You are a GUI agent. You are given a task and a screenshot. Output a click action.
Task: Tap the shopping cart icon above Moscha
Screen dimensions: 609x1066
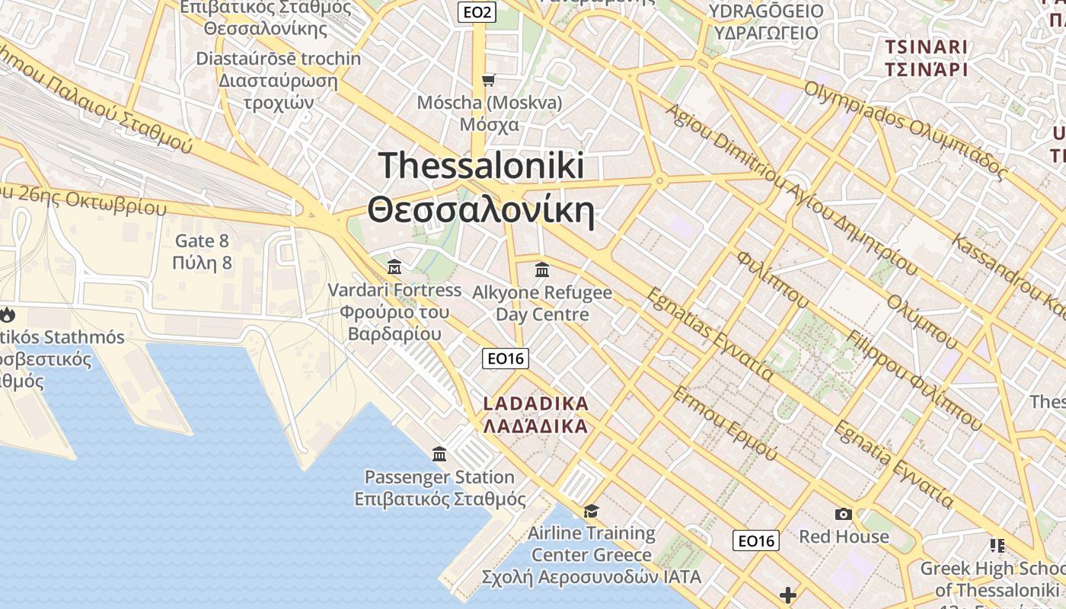pyautogui.click(x=488, y=80)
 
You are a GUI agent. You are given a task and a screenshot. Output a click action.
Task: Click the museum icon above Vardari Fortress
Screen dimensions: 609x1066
pyautogui.click(x=394, y=266)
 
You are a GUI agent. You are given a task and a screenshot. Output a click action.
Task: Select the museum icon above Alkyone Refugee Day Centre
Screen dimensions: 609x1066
pyautogui.click(x=542, y=269)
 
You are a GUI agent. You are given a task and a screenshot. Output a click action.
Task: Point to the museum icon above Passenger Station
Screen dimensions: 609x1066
pyautogui.click(x=439, y=454)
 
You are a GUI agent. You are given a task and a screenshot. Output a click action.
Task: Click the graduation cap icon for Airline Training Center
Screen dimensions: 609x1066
pyautogui.click(x=591, y=511)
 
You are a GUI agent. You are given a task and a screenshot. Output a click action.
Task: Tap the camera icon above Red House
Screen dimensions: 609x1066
pyautogui.click(x=843, y=514)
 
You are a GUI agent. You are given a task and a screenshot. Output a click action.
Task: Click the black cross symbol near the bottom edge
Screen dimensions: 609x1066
pyautogui.click(x=788, y=595)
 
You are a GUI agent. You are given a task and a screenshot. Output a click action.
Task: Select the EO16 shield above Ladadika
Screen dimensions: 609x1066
pyautogui.click(x=506, y=359)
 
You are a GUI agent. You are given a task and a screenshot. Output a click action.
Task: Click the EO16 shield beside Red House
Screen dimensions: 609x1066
pyautogui.click(x=757, y=540)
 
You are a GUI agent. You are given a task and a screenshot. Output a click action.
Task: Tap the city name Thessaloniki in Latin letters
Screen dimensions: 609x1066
pyautogui.click(x=481, y=165)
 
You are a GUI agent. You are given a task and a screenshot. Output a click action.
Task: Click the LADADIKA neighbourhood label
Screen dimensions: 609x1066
pyautogui.click(x=536, y=403)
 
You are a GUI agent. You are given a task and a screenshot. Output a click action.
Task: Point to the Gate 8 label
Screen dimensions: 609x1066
pyautogui.click(x=202, y=241)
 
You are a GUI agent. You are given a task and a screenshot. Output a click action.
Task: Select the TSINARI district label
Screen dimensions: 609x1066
pyautogui.click(x=926, y=47)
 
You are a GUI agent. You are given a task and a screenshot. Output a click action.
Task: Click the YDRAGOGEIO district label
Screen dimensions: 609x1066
pyautogui.click(x=765, y=11)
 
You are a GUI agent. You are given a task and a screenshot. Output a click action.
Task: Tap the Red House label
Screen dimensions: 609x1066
pyautogui.click(x=843, y=537)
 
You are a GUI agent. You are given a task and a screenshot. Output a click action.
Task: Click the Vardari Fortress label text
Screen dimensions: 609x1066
pyautogui.click(x=394, y=290)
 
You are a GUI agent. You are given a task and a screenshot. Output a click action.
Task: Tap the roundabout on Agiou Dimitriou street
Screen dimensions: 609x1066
pyautogui.click(x=659, y=181)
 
